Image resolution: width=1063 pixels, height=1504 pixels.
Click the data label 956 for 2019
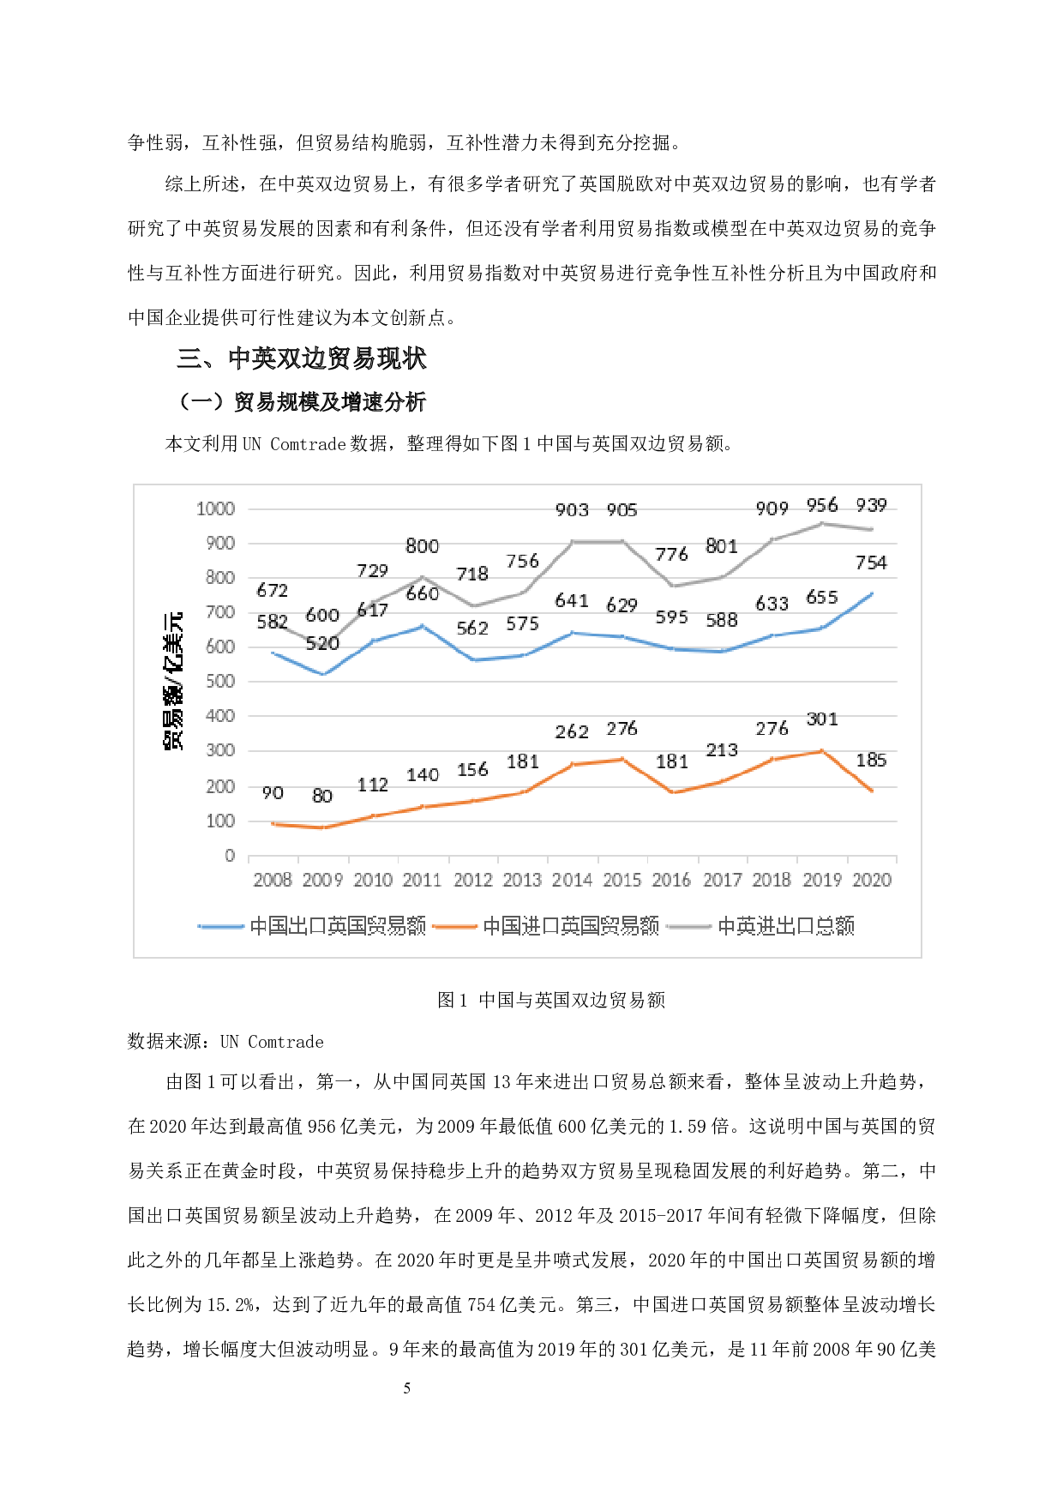[x=821, y=505]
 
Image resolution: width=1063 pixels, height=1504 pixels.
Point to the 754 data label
[x=871, y=562]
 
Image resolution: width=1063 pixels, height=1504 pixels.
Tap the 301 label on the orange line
[x=821, y=719]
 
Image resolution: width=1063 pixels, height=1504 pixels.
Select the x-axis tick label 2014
[x=572, y=880]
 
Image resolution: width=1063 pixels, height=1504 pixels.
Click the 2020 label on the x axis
[x=872, y=880]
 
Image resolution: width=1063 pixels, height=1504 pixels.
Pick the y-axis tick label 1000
[x=215, y=508]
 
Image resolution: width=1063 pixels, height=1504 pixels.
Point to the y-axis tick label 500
[x=219, y=682]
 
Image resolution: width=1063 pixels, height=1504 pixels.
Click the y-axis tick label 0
[x=230, y=856]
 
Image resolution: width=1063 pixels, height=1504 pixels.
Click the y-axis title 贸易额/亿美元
[x=173, y=682]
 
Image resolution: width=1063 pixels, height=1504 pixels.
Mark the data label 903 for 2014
[x=572, y=510]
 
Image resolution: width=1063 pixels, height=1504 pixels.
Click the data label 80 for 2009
[x=322, y=796]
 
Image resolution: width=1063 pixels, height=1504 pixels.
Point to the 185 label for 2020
[x=871, y=760]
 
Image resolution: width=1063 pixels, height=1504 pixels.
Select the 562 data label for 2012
[x=472, y=628]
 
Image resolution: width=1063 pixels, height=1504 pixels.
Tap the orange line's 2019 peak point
[x=822, y=751]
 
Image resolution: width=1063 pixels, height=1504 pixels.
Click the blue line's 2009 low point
[x=323, y=675]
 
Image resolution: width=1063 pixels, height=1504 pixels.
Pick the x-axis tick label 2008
[x=273, y=880]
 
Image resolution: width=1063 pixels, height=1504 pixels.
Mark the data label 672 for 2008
[x=273, y=590]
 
